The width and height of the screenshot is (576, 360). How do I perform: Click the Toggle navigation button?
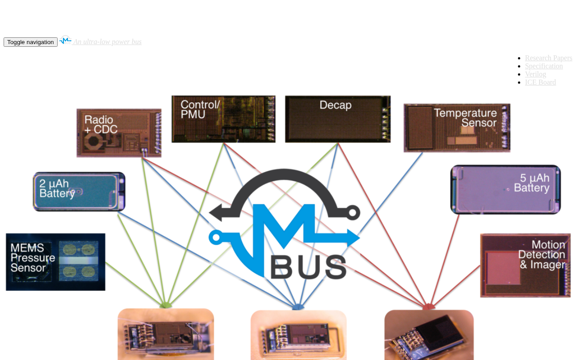(31, 42)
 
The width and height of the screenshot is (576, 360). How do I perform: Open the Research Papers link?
(549, 58)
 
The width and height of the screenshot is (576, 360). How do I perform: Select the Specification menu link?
(544, 66)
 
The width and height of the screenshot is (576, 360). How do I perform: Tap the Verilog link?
(535, 74)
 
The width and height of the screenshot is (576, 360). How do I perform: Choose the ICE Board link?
(540, 82)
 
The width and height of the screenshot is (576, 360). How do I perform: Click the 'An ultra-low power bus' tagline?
(108, 42)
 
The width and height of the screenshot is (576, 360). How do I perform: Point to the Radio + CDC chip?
(119, 133)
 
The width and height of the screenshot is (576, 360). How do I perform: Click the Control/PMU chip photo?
(223, 119)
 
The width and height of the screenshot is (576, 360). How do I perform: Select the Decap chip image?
(337, 119)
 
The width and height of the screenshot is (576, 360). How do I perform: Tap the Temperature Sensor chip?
(457, 128)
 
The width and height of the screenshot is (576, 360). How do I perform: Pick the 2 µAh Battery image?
(79, 192)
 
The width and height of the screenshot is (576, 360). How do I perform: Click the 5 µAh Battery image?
(505, 189)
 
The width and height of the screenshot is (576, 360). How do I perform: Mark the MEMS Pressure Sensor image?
(55, 262)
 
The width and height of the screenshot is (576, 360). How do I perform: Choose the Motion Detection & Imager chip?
(525, 265)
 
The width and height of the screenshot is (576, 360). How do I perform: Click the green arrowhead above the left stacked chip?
(166, 306)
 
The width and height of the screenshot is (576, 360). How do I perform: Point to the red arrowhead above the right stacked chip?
(429, 307)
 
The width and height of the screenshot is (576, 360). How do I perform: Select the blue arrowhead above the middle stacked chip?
(298, 307)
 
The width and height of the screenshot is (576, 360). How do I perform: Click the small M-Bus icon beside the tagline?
(65, 40)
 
